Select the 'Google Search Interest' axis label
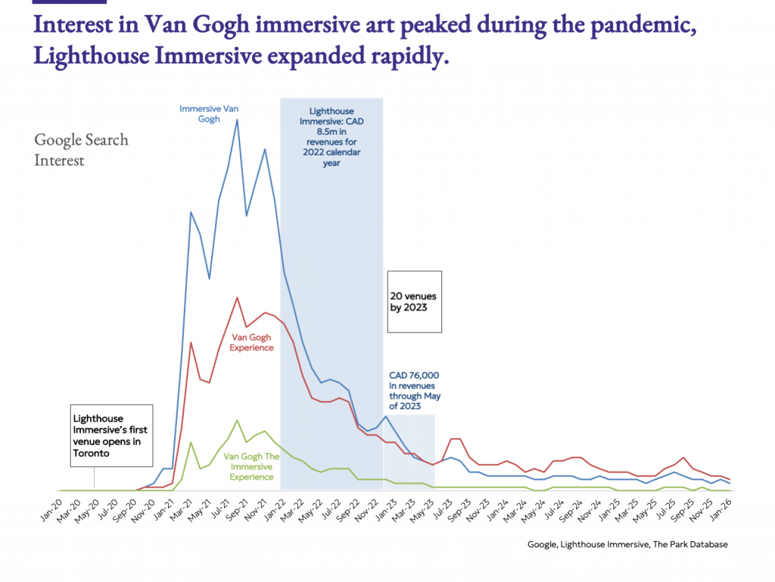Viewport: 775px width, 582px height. pyautogui.click(x=81, y=149)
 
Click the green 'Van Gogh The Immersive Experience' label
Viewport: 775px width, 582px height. pyautogui.click(x=252, y=467)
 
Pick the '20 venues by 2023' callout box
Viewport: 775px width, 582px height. pyautogui.click(x=414, y=302)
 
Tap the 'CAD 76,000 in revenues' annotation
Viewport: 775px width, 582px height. pyautogui.click(x=414, y=390)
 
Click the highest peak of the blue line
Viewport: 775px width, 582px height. pyautogui.click(x=238, y=120)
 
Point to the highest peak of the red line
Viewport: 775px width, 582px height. pyautogui.click(x=238, y=297)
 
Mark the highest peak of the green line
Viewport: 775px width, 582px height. pyautogui.click(x=238, y=420)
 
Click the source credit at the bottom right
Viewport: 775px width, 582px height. pyautogui.click(x=627, y=544)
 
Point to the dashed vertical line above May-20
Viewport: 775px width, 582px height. pyautogui.click(x=94, y=477)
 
